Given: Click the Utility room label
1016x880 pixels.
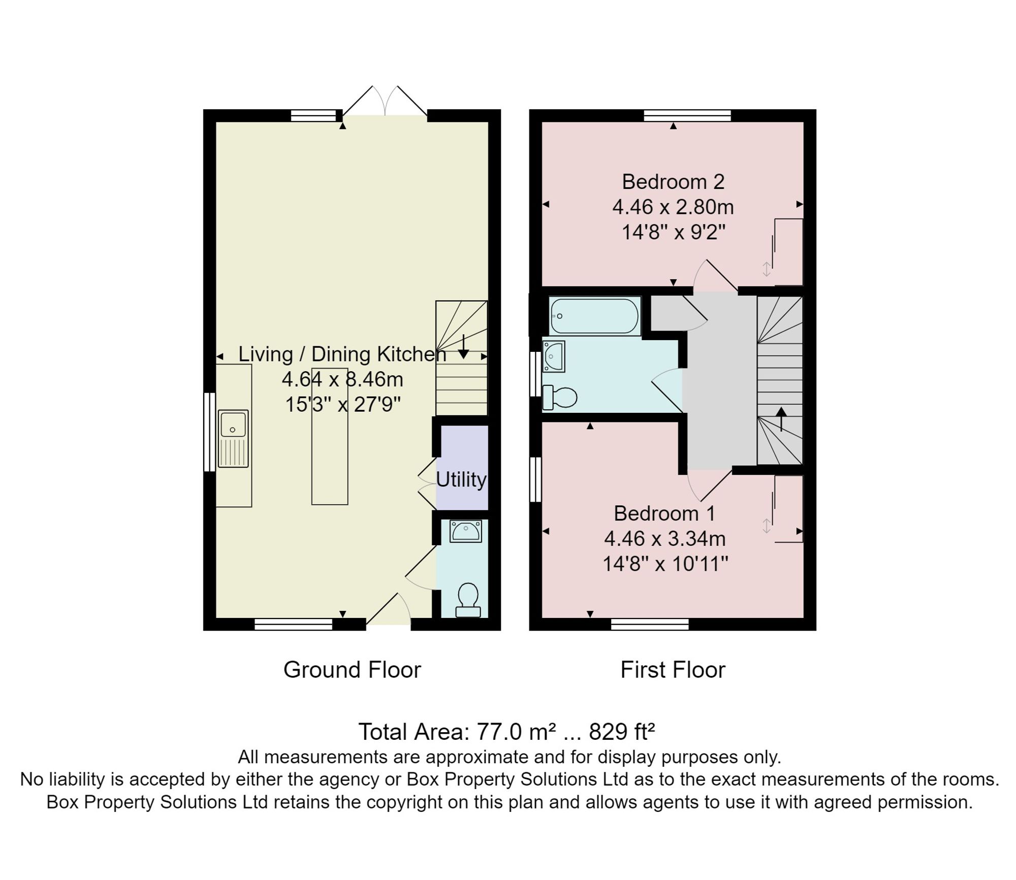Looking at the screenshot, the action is pyautogui.click(x=461, y=480).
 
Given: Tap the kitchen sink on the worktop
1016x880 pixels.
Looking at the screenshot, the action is pyautogui.click(x=233, y=439).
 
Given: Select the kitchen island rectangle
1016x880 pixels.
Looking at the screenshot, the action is pyautogui.click(x=330, y=436).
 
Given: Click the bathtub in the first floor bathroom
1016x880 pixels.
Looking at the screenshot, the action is pyautogui.click(x=594, y=316).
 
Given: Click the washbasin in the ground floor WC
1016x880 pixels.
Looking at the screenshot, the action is pyautogui.click(x=465, y=531).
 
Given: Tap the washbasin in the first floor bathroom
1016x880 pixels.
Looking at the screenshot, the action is pyautogui.click(x=553, y=356).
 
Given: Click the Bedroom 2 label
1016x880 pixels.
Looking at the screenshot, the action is pyautogui.click(x=673, y=182).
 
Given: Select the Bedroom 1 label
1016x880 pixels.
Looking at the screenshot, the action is pyautogui.click(x=664, y=513).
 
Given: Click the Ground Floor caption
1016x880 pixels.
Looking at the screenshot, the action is pyautogui.click(x=352, y=670).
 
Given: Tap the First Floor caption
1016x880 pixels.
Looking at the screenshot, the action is pyautogui.click(x=673, y=670).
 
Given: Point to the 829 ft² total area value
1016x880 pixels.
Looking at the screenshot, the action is pyautogui.click(x=622, y=732).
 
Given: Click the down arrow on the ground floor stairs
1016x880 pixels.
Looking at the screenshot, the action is pyautogui.click(x=463, y=347).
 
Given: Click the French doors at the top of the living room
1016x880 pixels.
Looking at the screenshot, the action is pyautogui.click(x=385, y=102).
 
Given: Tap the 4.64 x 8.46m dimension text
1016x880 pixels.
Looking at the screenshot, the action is pyautogui.click(x=342, y=379).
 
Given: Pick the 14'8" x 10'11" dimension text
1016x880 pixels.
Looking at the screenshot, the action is pyautogui.click(x=665, y=564).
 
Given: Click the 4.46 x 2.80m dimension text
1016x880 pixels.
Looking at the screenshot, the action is pyautogui.click(x=673, y=207).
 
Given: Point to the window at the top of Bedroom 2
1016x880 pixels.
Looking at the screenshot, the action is pyautogui.click(x=687, y=115).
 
